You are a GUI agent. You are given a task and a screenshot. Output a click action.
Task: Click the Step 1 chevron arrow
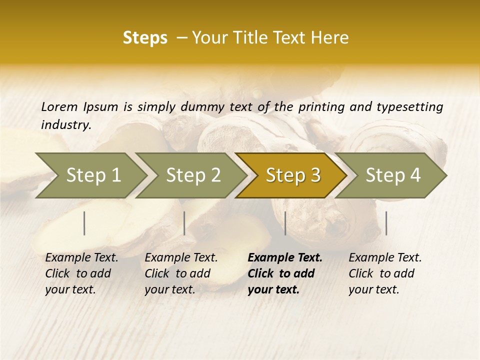click(93, 175)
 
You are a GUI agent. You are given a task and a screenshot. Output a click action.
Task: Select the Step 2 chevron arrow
click(193, 175)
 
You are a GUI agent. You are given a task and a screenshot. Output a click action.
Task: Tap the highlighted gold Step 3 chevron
click(293, 175)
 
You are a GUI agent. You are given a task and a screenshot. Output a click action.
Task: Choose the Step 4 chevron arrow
click(393, 175)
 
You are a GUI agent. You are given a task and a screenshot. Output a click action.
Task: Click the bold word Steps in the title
click(145, 38)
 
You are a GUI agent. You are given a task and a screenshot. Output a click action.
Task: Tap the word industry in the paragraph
click(65, 125)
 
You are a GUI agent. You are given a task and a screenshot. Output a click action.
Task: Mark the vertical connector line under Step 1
click(84, 223)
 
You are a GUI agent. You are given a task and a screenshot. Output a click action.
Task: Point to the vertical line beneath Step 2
click(184, 223)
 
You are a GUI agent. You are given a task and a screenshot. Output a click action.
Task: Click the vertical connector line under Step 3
click(285, 223)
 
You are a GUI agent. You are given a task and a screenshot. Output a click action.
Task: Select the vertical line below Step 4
click(386, 223)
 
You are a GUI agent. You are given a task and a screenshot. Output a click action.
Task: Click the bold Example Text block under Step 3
click(285, 273)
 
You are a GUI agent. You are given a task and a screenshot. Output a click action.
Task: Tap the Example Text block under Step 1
click(81, 273)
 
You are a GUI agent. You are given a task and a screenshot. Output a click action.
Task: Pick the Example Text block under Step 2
click(181, 273)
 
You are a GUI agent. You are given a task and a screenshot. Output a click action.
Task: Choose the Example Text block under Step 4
click(385, 273)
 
